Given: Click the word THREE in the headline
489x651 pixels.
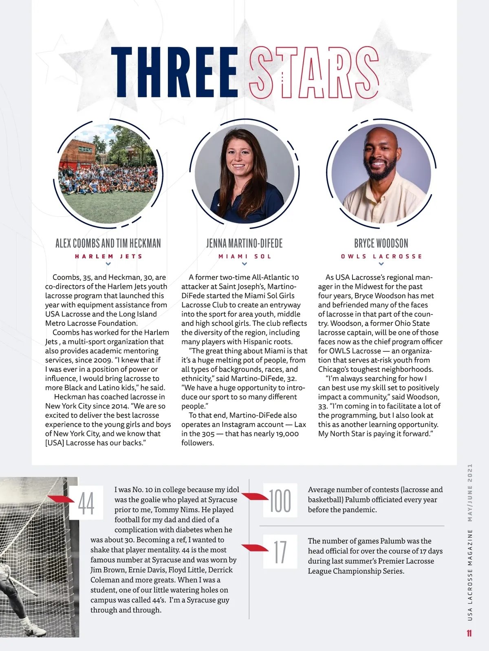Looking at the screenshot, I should [174, 73].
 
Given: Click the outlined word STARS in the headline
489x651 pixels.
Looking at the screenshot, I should [314, 73].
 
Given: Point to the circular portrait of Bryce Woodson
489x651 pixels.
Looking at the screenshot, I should [381, 173].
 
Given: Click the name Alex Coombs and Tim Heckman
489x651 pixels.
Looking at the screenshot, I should [108, 244].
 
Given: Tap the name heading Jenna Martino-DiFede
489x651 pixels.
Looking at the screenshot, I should [244, 244].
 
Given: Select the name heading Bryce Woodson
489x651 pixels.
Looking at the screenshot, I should [381, 244].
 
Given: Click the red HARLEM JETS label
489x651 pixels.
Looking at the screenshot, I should [108, 257].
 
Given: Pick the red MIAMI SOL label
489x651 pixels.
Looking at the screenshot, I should [244, 257].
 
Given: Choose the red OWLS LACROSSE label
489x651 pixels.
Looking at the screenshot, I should [381, 257].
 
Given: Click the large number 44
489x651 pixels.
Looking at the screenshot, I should [86, 503].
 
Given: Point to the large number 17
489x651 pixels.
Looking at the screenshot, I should [280, 551].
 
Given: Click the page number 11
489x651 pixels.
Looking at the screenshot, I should [469, 633].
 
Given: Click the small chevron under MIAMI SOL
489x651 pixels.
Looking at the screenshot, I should [244, 264].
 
